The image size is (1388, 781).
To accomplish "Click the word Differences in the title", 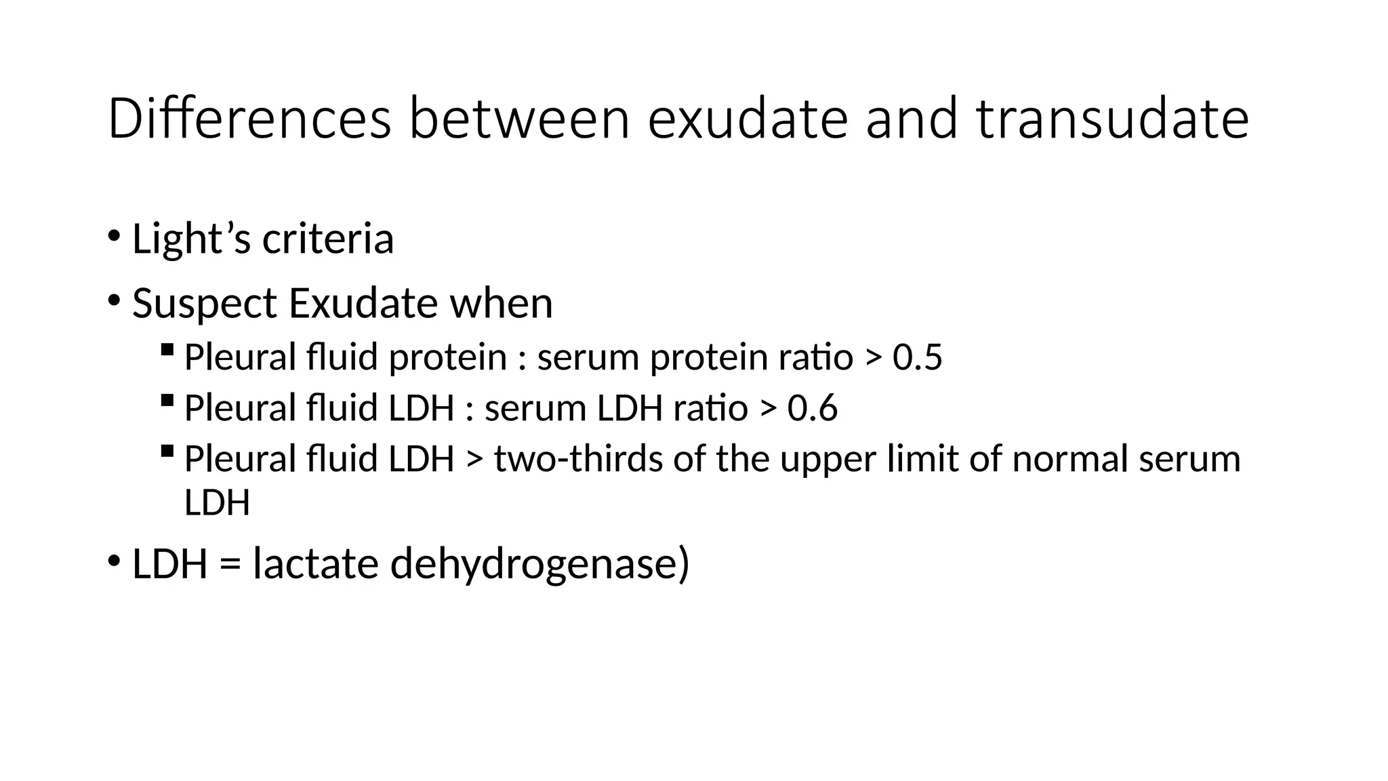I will [249, 119].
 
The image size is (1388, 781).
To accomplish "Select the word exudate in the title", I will [748, 119].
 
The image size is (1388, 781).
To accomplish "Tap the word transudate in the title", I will [1113, 119].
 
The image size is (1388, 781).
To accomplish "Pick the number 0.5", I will [917, 357].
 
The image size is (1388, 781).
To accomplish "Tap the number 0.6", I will [812, 408].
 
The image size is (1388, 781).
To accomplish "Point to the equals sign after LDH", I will [230, 565].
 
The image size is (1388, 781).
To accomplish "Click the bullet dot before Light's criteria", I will [114, 237].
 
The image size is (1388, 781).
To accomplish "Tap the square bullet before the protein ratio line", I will [167, 350].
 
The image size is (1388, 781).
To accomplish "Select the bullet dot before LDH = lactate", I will [114, 561].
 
